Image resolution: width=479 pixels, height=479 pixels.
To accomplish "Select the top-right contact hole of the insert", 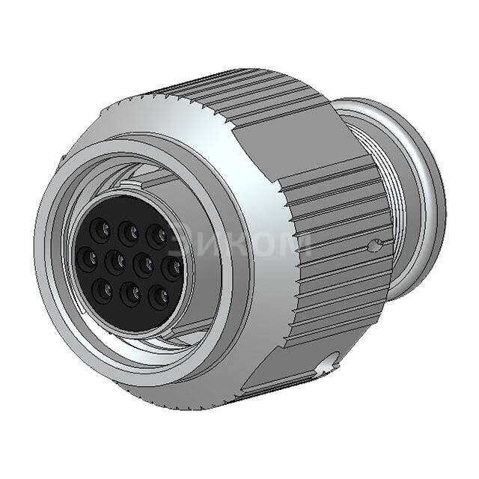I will click(x=157, y=235).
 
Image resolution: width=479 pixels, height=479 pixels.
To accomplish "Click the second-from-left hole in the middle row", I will click(x=116, y=261).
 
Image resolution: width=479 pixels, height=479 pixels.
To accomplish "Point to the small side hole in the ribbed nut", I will click(x=376, y=245).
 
